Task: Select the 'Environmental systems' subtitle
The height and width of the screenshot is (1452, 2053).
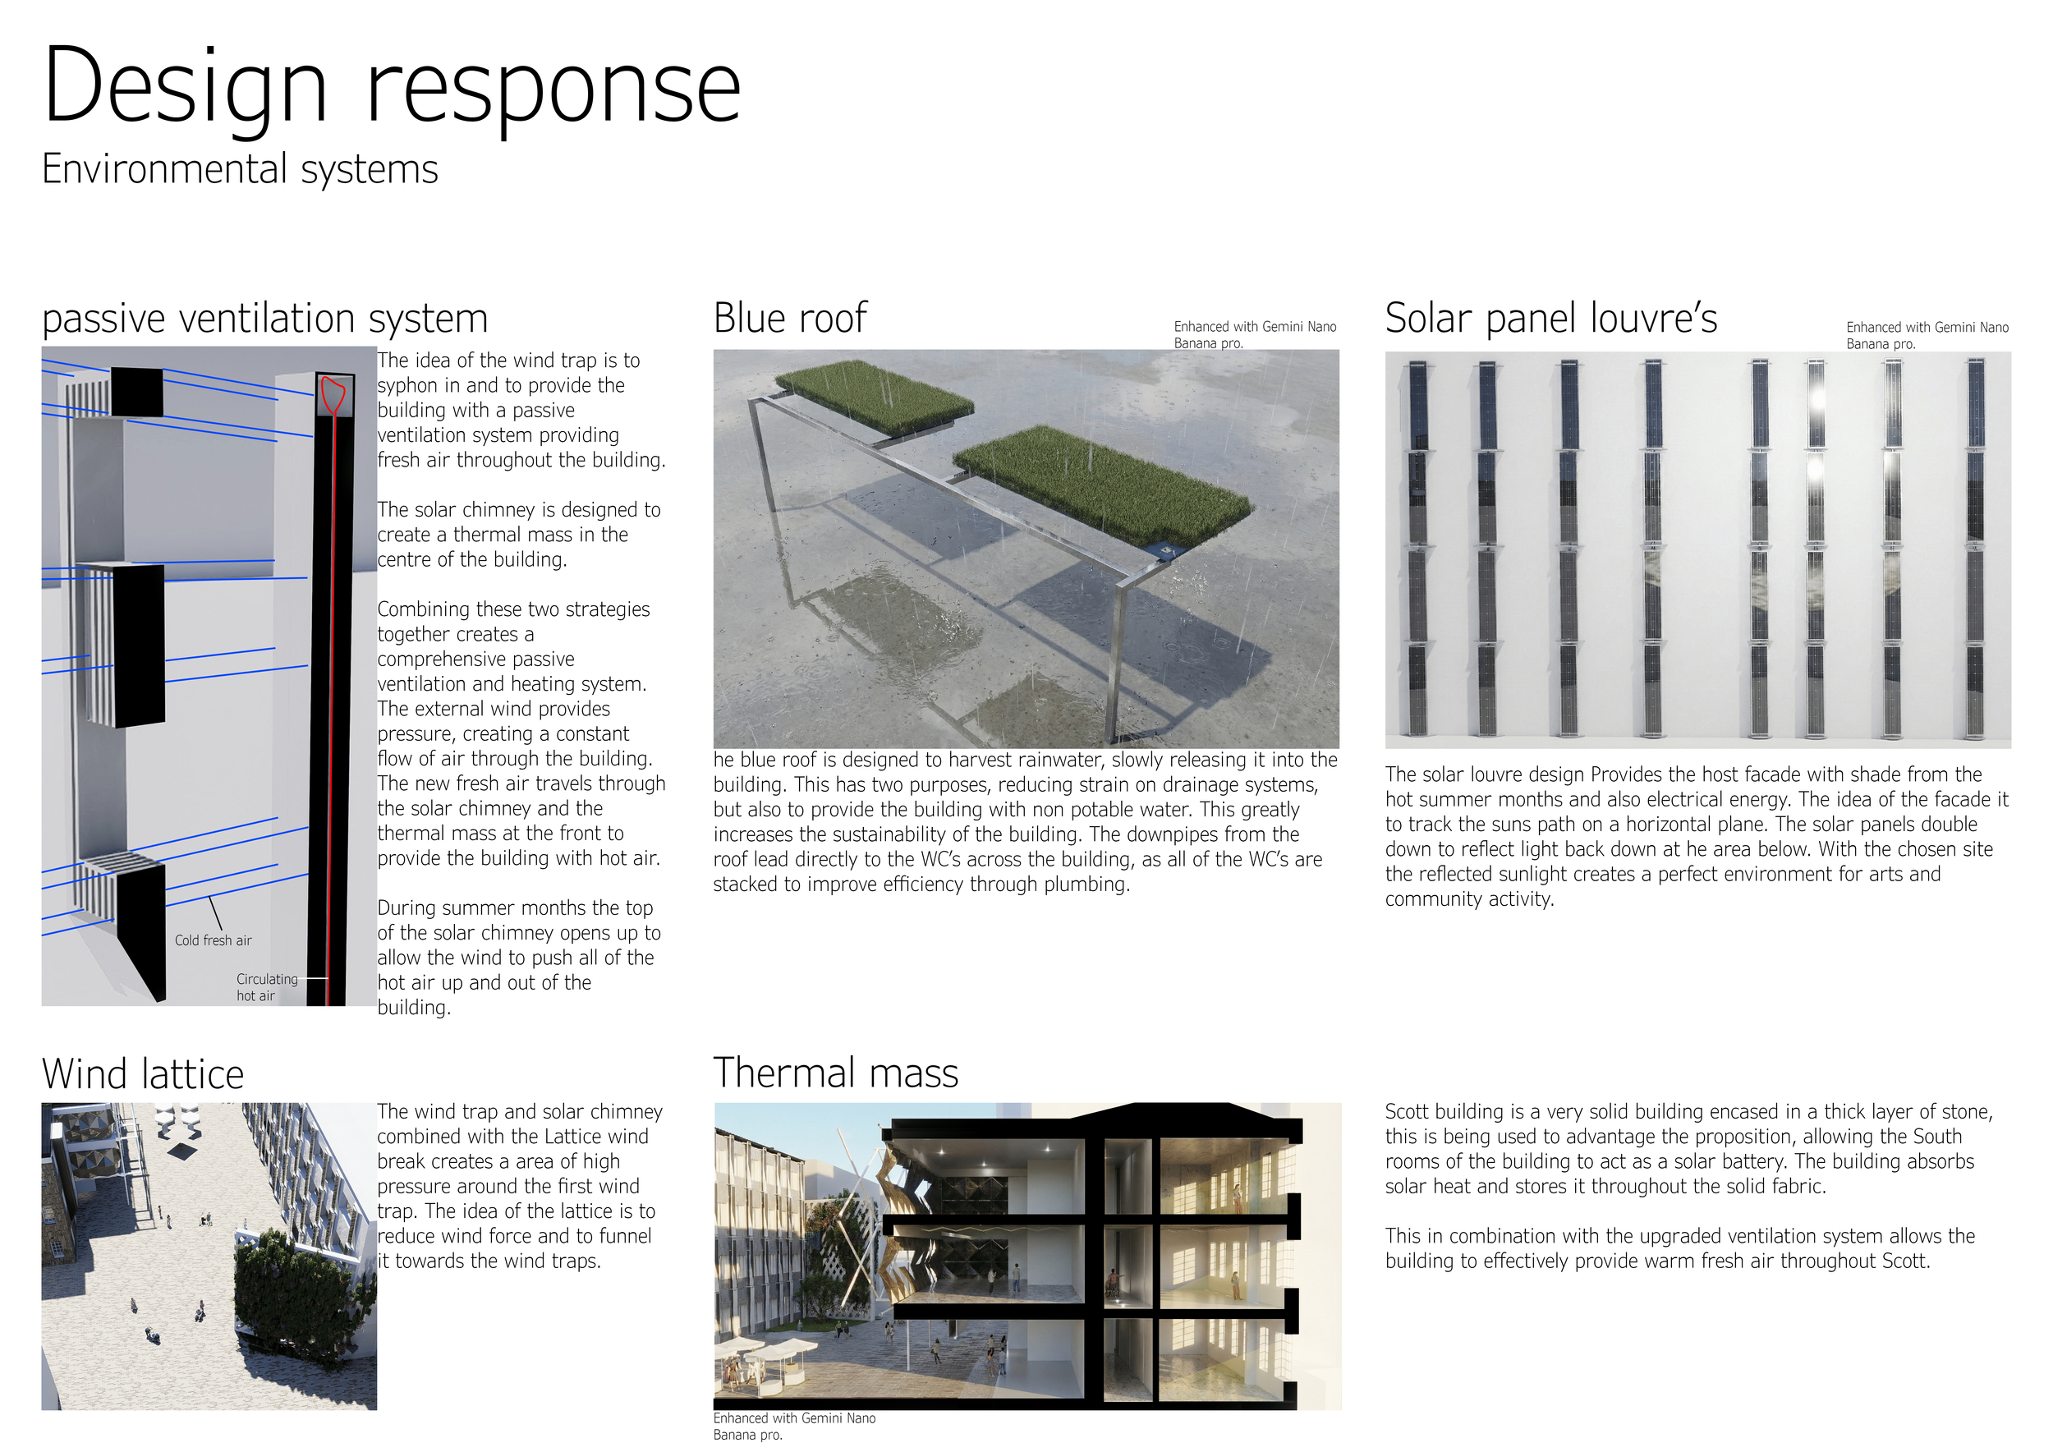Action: [240, 169]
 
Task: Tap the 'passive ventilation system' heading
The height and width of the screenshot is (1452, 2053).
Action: [264, 319]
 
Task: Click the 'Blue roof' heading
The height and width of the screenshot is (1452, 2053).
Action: [789, 319]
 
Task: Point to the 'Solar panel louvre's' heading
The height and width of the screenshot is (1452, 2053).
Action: [1550, 319]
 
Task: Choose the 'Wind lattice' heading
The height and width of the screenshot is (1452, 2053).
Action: [143, 1073]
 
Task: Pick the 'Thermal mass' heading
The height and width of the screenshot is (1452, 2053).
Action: [835, 1073]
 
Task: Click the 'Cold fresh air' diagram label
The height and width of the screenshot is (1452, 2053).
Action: [213, 940]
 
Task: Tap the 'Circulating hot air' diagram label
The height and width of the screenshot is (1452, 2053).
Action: [265, 987]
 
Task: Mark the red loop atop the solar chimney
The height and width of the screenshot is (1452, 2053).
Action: [333, 394]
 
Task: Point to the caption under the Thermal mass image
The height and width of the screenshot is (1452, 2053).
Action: [793, 1426]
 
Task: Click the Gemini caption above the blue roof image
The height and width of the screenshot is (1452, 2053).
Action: [1254, 334]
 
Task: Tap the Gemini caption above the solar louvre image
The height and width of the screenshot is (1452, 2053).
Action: [1926, 335]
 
